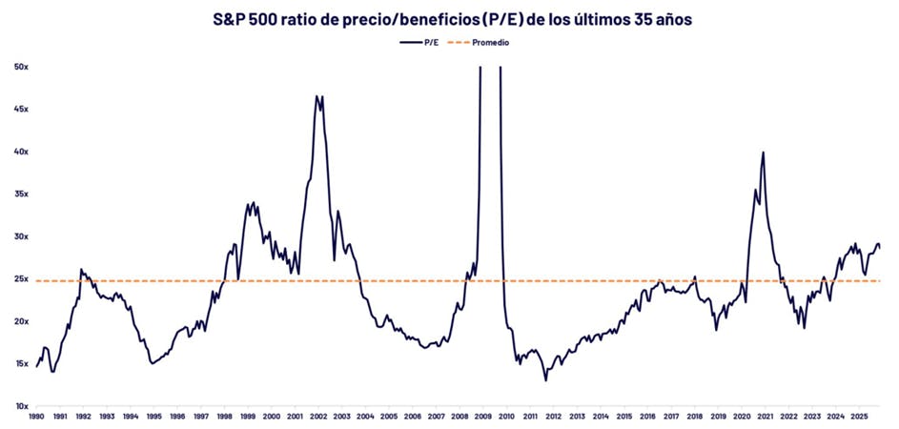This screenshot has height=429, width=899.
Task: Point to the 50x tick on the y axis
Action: pos(20,67)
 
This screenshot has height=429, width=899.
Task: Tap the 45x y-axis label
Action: pos(20,109)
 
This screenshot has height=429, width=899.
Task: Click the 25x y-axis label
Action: pos(20,279)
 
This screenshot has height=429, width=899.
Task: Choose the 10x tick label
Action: pos(20,407)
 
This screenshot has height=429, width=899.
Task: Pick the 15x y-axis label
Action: pos(20,364)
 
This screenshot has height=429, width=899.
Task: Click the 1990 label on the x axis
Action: pos(36,418)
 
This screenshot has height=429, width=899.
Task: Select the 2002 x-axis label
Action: pos(317,418)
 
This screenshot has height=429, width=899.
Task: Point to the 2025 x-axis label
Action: pos(857,418)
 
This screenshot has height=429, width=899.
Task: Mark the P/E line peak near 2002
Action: pos(317,95)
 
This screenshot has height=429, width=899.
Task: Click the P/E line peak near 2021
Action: pos(763,153)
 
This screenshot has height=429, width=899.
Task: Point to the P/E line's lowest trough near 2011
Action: pos(546,380)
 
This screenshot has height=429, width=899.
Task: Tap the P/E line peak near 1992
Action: pos(81,269)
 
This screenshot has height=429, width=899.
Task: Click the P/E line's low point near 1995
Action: pos(152,363)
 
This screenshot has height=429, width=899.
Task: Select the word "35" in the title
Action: pos(619,19)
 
